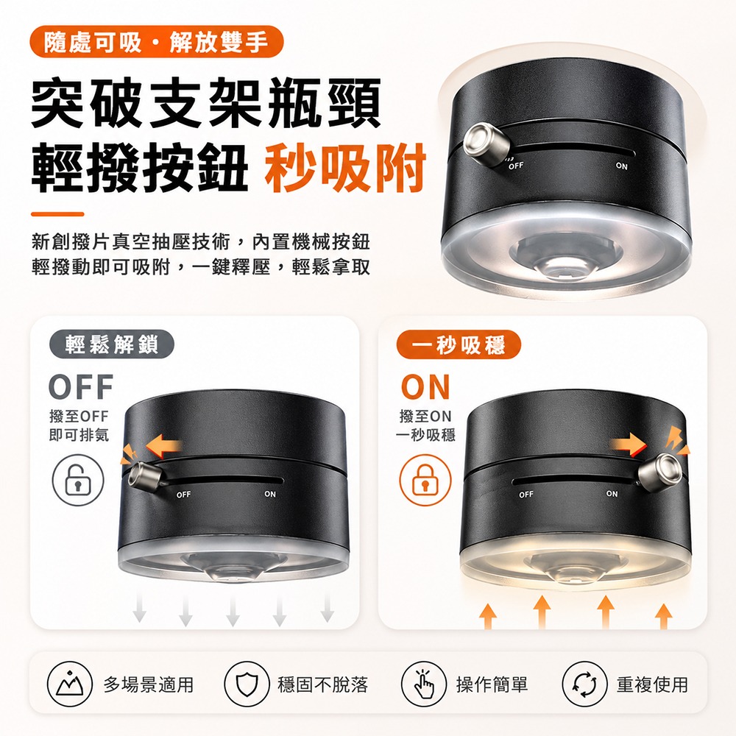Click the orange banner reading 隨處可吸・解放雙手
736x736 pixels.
click(157, 42)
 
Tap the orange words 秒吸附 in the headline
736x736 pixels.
click(345, 168)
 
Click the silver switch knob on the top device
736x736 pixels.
click(486, 144)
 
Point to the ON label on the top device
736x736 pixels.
click(621, 166)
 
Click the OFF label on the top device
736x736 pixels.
click(515, 166)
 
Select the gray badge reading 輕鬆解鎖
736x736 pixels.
click(112, 344)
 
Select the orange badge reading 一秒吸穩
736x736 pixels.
click(459, 344)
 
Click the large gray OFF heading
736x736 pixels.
click(81, 387)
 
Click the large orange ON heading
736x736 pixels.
click(425, 387)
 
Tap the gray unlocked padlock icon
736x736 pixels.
click(78, 480)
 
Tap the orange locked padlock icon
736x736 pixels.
click(425, 480)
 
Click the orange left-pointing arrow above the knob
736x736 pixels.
click(163, 445)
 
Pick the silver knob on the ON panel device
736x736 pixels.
click(660, 471)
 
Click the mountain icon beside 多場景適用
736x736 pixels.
click(69, 684)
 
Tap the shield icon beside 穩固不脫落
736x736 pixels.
click(247, 684)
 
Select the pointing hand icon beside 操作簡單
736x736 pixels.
click(423, 684)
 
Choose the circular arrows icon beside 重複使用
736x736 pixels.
click(584, 684)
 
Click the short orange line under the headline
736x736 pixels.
click(57, 214)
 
